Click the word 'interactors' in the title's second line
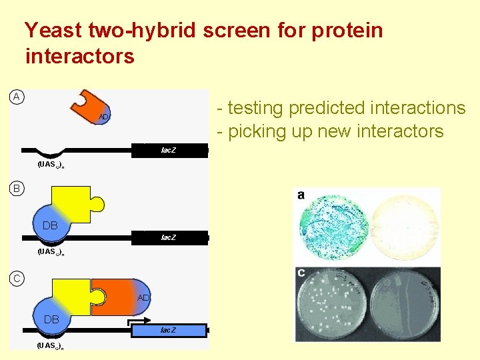79,57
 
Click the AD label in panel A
103,117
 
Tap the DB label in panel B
50,225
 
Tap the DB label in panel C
51,319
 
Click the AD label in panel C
143,297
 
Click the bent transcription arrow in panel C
137,323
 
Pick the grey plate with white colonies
329,303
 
